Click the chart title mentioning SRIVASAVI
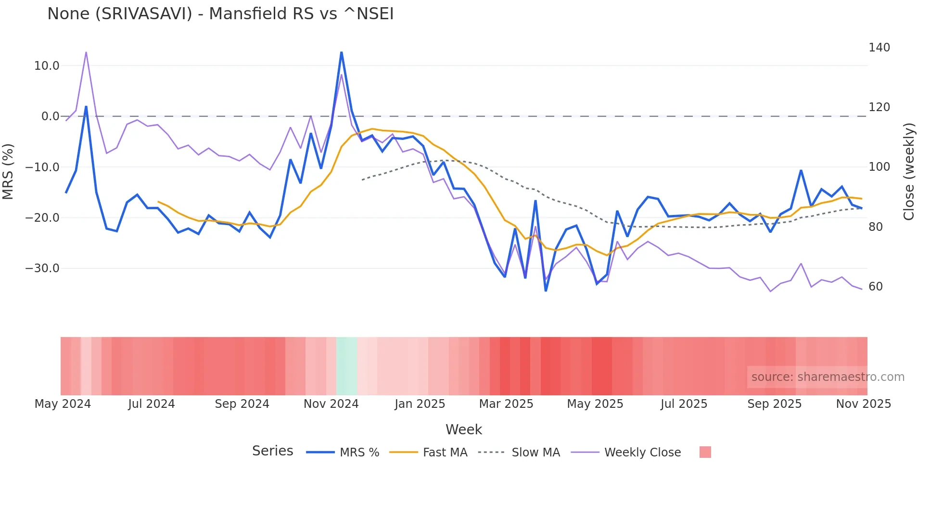pos(220,14)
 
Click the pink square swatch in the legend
pos(705,452)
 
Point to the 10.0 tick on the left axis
pos(46,66)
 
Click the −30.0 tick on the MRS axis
pos(42,268)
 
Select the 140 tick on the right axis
pos(879,48)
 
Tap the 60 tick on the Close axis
pos(876,287)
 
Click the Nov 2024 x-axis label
pos(331,404)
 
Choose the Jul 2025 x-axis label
pos(684,404)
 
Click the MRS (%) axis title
pos(8,172)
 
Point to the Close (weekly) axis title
pos(908,172)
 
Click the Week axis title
pos(463,429)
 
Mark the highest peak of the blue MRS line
pos(342,52)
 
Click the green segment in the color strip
pos(346,366)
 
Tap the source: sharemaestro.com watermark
pos(828,377)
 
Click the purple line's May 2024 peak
pos(86,52)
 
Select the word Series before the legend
pos(272,451)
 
